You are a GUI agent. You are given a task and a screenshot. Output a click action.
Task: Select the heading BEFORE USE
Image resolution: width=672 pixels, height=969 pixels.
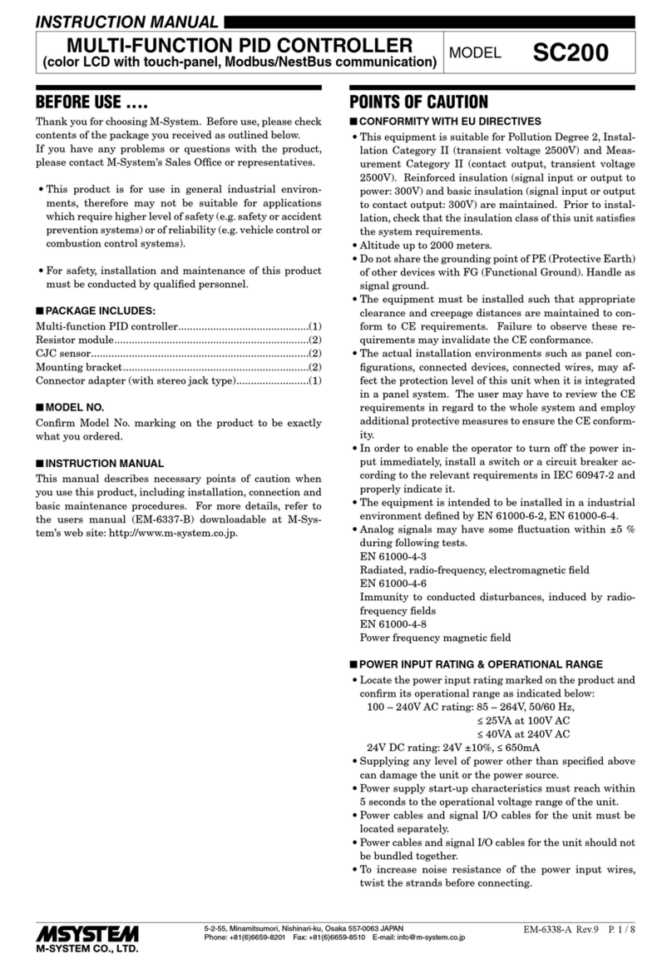click(x=91, y=103)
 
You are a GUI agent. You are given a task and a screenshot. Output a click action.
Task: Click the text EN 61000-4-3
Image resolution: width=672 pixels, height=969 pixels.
click(x=393, y=556)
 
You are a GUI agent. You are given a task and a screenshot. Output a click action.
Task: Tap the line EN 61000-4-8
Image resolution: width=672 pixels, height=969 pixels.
click(x=393, y=624)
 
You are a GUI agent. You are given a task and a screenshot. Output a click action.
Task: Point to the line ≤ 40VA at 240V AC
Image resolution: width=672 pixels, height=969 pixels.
click(x=523, y=734)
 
